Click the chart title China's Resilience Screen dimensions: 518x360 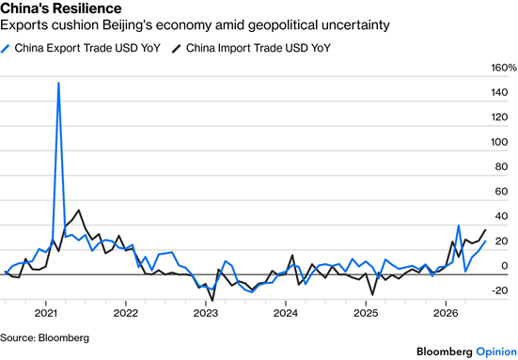click(x=61, y=8)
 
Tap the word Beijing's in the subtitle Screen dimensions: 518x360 click(x=125, y=25)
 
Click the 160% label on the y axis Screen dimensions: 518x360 click(x=504, y=68)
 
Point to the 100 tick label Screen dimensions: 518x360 click(x=499, y=142)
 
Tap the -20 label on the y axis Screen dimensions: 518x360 click(x=499, y=290)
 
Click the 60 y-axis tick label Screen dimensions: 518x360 click(x=501, y=192)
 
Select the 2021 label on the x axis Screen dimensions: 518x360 click(x=46, y=313)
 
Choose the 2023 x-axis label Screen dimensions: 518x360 click(x=206, y=313)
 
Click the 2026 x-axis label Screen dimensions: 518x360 click(x=446, y=313)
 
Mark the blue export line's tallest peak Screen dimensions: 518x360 click(x=58, y=83)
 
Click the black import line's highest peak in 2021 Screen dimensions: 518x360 click(x=78, y=210)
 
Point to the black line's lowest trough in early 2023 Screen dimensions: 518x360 click(x=212, y=301)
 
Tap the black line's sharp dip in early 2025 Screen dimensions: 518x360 click(x=372, y=294)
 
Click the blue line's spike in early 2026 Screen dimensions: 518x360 click(x=459, y=226)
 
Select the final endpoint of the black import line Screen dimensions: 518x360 click(x=485, y=230)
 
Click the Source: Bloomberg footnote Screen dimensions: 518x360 click(x=44, y=337)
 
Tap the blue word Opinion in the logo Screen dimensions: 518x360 click(x=496, y=352)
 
